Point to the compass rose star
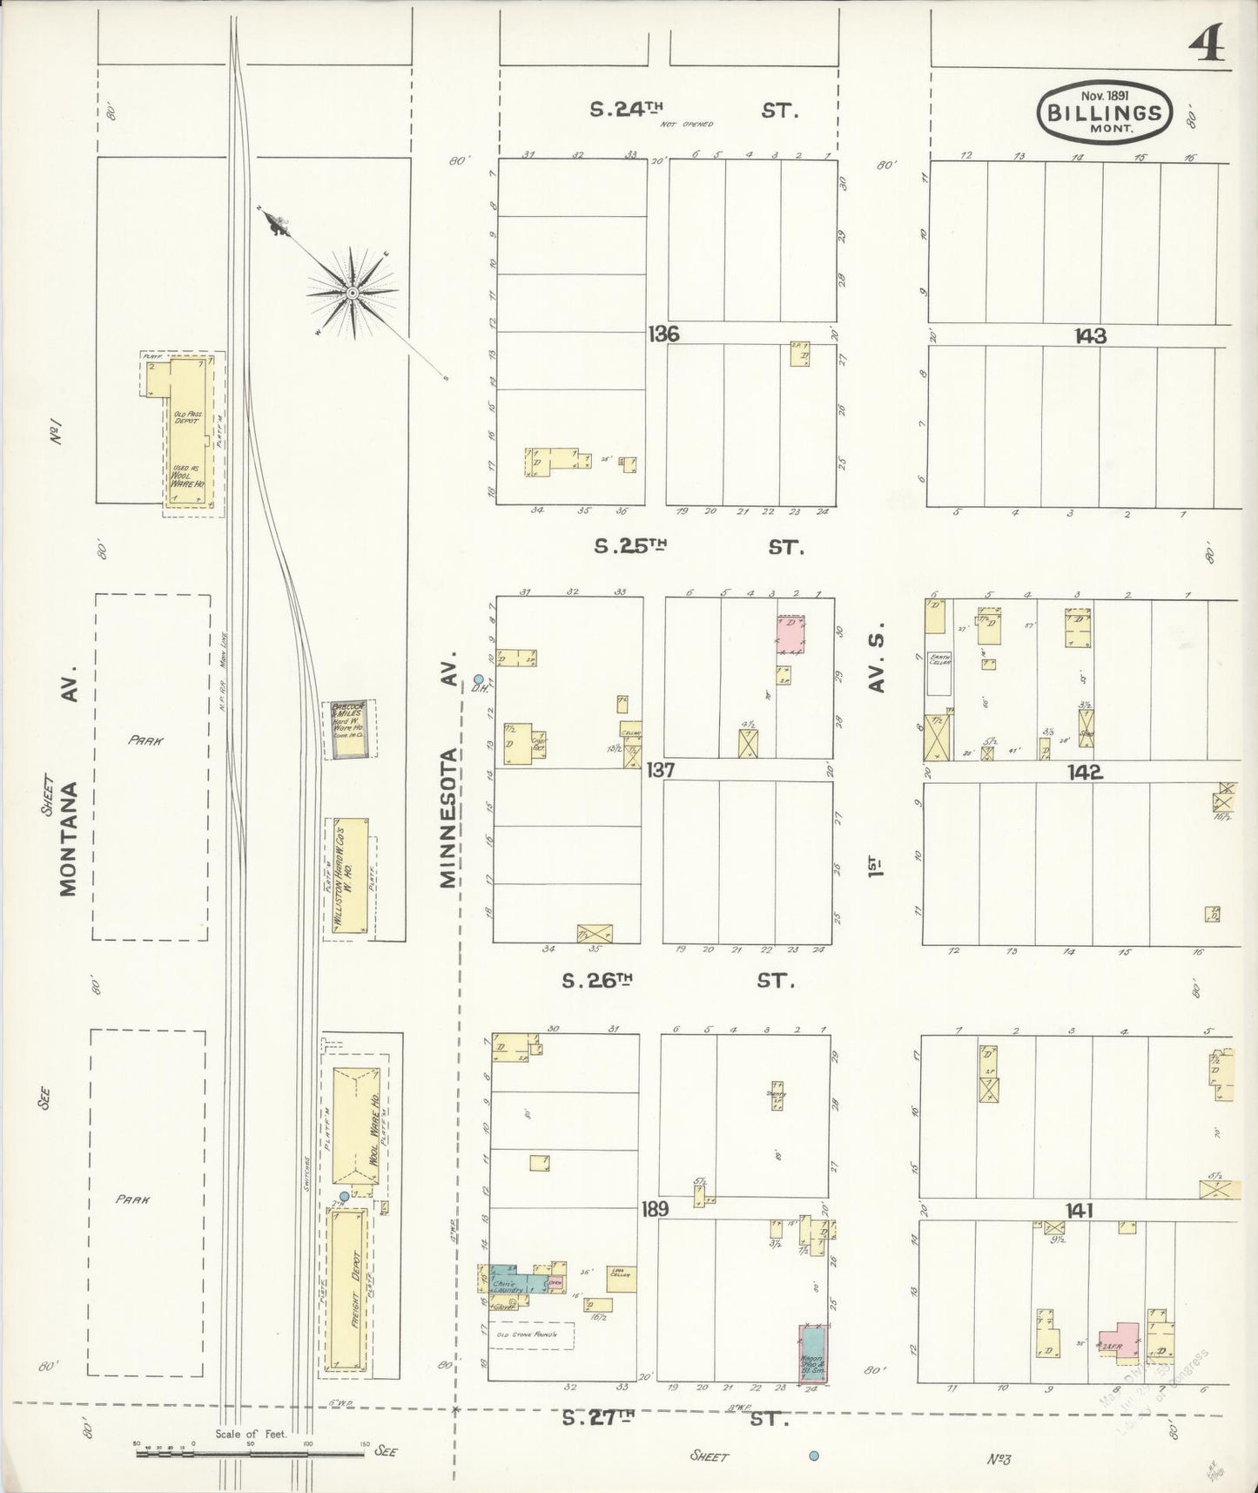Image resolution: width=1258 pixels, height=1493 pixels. [x=352, y=293]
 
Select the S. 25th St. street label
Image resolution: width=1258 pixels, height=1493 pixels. [x=698, y=547]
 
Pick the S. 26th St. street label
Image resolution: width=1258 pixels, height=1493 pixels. [x=679, y=981]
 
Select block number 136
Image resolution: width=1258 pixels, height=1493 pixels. [x=663, y=334]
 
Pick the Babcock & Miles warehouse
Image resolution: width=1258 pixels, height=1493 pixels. [x=349, y=729]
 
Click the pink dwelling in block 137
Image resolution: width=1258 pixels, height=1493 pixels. [x=790, y=634]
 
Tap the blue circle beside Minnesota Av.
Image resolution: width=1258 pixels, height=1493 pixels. [x=478, y=679]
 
